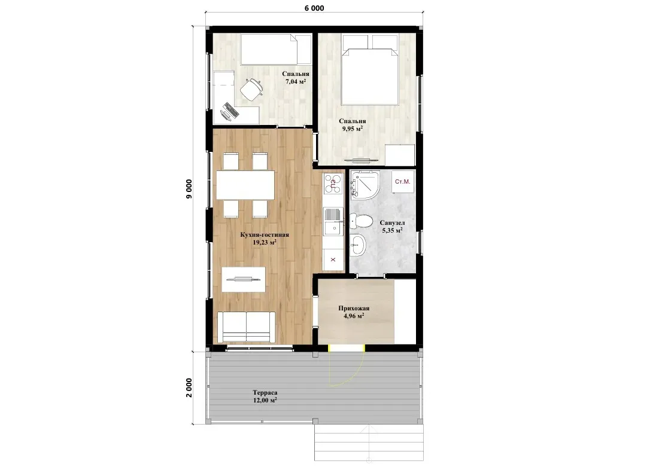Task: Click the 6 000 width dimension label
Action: tap(314, 8)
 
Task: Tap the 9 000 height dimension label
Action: tap(189, 188)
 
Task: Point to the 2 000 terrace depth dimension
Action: tap(189, 387)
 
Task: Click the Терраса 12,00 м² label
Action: tap(265, 396)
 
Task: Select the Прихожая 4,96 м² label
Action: tap(354, 312)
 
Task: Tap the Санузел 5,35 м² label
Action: tap(392, 227)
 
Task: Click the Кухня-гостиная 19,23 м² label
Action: tap(265, 238)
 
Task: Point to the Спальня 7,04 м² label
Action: tap(296, 78)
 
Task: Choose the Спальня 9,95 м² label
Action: tap(353, 125)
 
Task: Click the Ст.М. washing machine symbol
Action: tap(402, 182)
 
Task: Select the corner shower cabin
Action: tap(365, 185)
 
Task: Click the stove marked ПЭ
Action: tap(333, 184)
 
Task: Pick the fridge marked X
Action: tap(333, 260)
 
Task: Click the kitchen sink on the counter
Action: tap(333, 221)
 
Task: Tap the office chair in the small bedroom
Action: tap(251, 89)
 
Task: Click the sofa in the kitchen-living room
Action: tap(247, 327)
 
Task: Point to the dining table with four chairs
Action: tap(245, 185)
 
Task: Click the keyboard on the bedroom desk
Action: tap(230, 111)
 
